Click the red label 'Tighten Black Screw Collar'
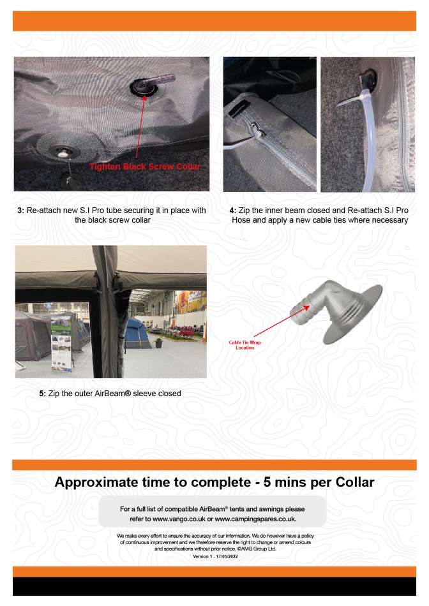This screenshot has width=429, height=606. [145, 167]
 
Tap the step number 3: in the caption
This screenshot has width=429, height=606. [21, 211]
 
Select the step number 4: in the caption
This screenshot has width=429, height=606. [232, 211]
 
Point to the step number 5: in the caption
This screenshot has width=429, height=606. [43, 394]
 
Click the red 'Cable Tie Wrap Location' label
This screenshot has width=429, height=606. [245, 345]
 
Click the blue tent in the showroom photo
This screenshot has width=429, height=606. [137, 333]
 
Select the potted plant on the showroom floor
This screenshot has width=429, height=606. [158, 342]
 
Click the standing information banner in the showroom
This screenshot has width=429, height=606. [61, 344]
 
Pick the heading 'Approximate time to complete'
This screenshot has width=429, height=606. [153, 482]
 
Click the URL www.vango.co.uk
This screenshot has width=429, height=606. [179, 519]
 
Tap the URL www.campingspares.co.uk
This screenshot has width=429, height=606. [256, 519]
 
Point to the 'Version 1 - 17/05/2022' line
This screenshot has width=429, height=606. [216, 556]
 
